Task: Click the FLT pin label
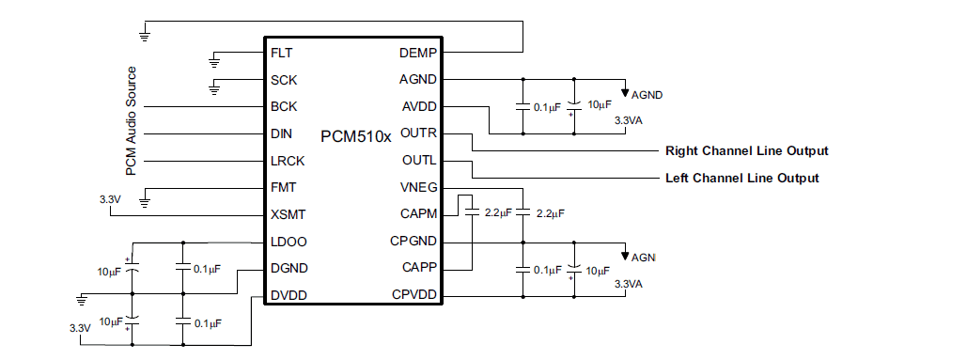point(280,53)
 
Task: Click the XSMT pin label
point(289,214)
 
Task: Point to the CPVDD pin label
point(414,295)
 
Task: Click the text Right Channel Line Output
point(746,150)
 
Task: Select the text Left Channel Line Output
point(741,178)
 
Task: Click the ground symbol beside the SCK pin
point(214,89)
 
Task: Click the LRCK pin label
point(288,161)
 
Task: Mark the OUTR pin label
point(418,133)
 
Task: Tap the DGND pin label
point(289,268)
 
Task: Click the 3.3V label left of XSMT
point(110,199)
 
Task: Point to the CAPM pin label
point(418,214)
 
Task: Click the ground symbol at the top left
point(144,37)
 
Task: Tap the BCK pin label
point(283,107)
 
